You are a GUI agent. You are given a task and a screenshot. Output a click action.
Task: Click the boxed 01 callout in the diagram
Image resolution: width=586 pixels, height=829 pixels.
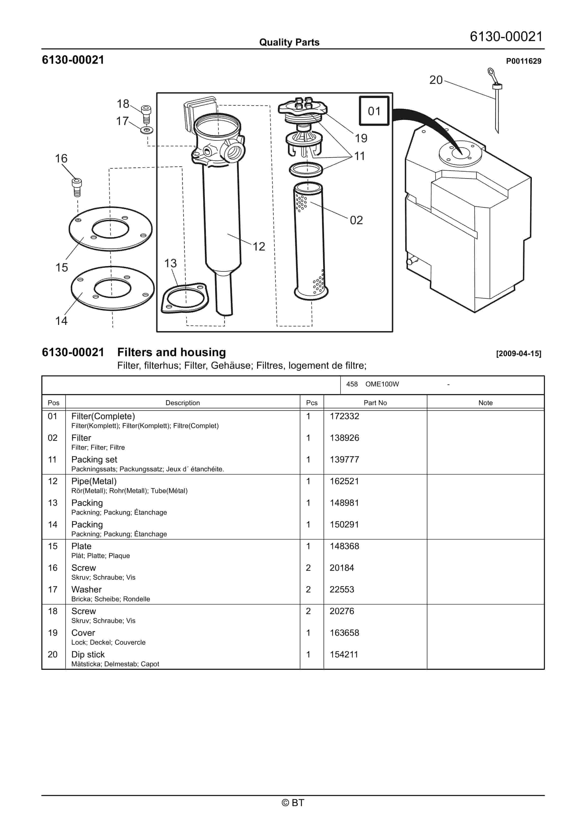click(374, 111)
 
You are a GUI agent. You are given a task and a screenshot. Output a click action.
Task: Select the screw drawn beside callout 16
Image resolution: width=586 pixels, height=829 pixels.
click(77, 187)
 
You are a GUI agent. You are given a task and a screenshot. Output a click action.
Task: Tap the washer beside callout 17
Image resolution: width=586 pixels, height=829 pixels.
click(146, 129)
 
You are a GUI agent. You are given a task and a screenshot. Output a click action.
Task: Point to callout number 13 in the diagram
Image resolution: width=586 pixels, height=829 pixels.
click(171, 263)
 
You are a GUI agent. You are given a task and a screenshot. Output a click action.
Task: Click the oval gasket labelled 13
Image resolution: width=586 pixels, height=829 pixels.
click(185, 298)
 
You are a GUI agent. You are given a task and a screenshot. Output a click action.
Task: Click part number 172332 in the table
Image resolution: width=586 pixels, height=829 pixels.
click(344, 416)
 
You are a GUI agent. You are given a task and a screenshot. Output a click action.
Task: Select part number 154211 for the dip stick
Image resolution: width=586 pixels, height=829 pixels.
click(343, 654)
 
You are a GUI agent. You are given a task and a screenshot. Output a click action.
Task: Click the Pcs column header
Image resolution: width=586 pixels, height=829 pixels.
click(311, 403)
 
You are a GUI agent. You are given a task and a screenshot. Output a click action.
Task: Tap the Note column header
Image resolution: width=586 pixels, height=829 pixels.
click(485, 403)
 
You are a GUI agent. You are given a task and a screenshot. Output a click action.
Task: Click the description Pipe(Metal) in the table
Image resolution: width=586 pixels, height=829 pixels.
click(94, 481)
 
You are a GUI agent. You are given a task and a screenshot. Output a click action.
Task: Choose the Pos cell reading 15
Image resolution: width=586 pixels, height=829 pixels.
click(53, 546)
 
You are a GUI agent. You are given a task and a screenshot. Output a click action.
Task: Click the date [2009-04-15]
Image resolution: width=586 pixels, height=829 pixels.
click(519, 353)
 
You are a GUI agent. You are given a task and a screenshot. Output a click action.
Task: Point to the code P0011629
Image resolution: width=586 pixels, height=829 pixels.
click(523, 61)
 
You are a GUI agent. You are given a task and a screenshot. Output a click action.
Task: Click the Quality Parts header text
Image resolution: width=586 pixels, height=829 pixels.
click(289, 42)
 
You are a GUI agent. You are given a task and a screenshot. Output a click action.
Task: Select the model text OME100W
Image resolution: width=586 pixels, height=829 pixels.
click(382, 384)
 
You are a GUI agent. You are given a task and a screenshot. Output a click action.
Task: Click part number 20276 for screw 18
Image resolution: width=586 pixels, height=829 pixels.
click(342, 611)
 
